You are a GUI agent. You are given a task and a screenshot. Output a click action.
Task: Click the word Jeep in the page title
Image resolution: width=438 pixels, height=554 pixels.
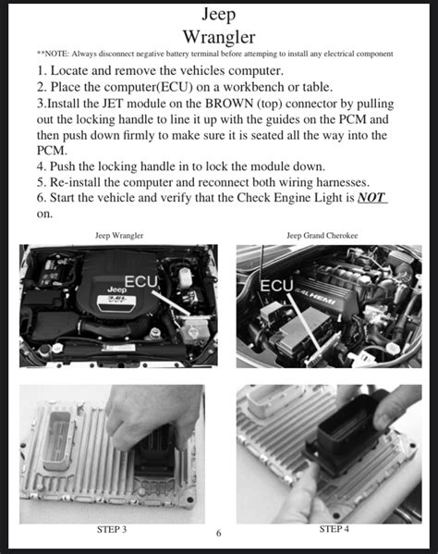pyautogui.click(x=218, y=14)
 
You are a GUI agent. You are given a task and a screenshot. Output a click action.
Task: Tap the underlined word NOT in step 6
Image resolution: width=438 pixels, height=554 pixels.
pyautogui.click(x=371, y=197)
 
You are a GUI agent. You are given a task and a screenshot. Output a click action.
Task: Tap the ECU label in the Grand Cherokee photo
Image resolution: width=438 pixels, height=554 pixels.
pyautogui.click(x=277, y=286)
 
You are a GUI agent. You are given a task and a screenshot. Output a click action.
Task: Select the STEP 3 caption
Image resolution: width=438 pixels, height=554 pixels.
pyautogui.click(x=111, y=529)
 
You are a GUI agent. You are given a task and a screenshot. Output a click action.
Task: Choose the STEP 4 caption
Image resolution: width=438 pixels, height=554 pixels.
pyautogui.click(x=335, y=529)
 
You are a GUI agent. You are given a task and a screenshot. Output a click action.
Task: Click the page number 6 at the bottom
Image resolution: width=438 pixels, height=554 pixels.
pyautogui.click(x=218, y=534)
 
